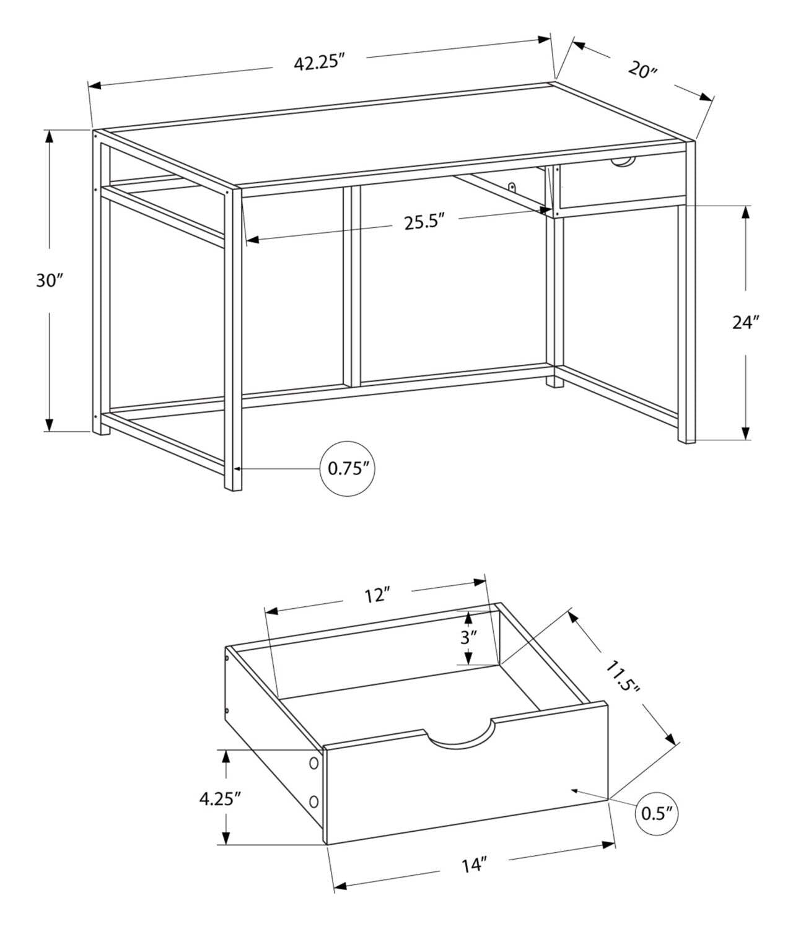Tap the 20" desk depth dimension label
coord(642,69)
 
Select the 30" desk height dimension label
coord(50,280)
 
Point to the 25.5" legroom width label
coord(425,222)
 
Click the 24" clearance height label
coord(745,322)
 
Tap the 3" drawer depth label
coord(469,637)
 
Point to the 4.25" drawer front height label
coord(219,798)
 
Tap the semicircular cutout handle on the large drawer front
coord(460,736)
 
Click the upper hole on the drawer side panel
coord(314,762)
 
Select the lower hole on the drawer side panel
coord(314,802)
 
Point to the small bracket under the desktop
coord(512,186)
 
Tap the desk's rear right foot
coord(555,382)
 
